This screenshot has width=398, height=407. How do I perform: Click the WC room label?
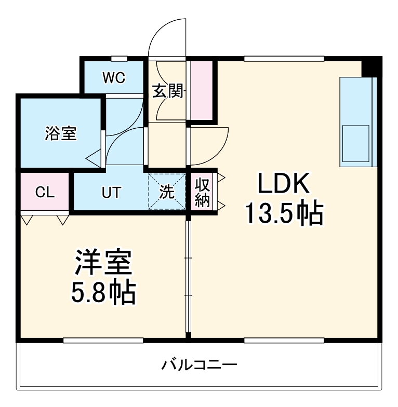(113, 78)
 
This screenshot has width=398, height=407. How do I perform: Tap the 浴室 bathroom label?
(60, 133)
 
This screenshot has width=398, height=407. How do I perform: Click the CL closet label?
(45, 193)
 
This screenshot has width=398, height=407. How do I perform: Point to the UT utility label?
(111, 193)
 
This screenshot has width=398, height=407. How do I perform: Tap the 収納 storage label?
(202, 193)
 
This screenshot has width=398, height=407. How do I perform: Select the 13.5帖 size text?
(284, 213)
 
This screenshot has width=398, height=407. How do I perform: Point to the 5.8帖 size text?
(103, 293)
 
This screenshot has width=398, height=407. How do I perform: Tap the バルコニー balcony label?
(199, 364)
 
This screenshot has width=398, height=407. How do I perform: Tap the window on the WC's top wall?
(119, 58)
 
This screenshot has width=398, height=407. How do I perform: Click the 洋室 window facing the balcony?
(103, 341)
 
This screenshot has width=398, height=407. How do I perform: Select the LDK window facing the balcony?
(284, 341)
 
